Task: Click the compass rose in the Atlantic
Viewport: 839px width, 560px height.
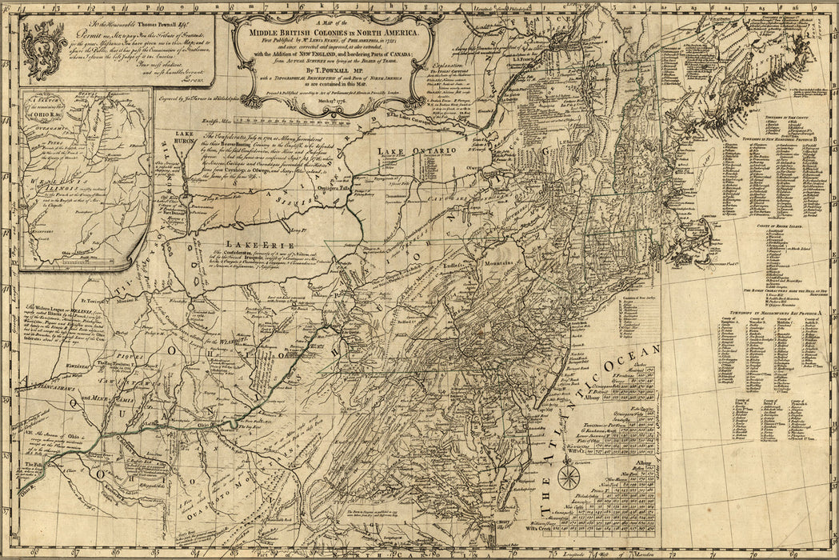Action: [x=569, y=478]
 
